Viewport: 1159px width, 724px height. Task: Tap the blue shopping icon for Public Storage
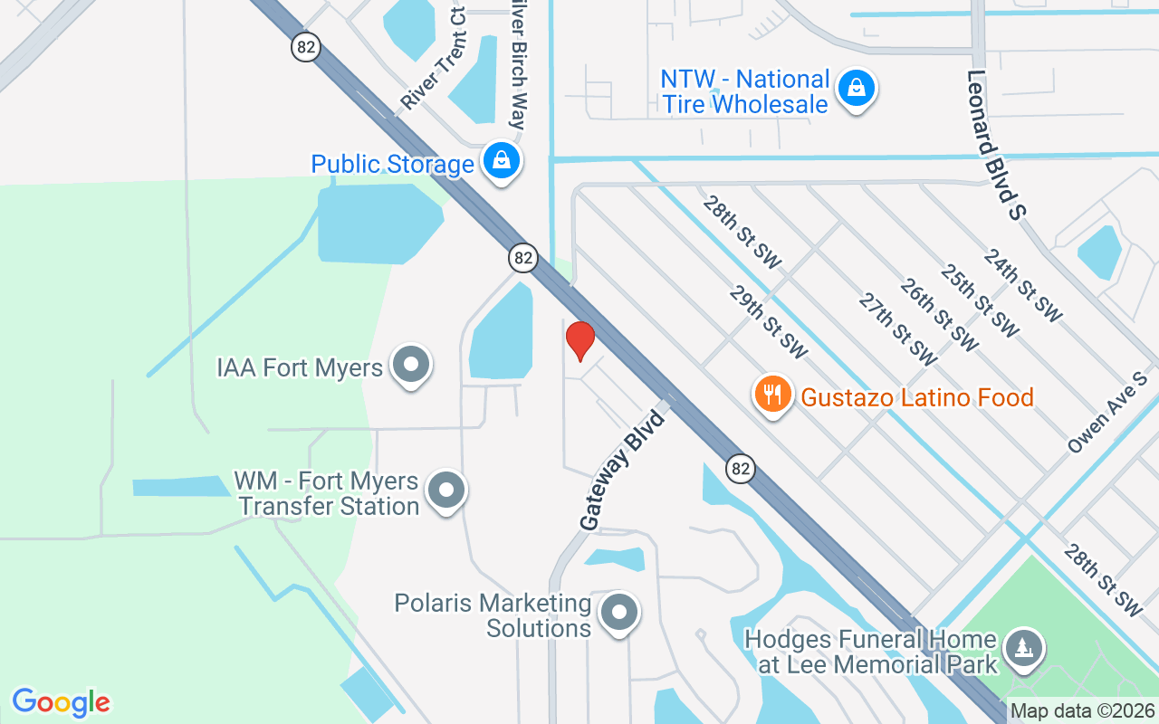tap(501, 160)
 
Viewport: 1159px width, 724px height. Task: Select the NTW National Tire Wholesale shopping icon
tap(855, 89)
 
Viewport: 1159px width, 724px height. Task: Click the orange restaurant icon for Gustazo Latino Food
tap(772, 395)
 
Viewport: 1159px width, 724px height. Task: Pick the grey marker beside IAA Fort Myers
tap(411, 365)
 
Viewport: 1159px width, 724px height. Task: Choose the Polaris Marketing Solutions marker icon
tap(619, 613)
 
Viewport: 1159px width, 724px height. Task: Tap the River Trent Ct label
tap(435, 59)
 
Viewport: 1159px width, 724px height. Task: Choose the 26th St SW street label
tap(939, 315)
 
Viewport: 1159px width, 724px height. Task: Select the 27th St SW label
tap(898, 329)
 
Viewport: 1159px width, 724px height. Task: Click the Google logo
tap(62, 702)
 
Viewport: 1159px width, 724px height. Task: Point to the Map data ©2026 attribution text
tap(1082, 711)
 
